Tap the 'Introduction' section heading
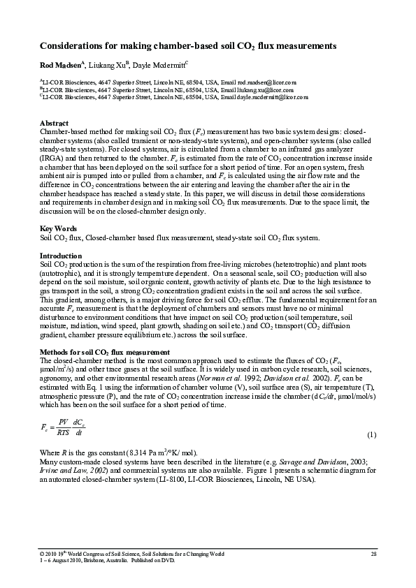click(x=61, y=256)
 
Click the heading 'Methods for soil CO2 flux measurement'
click(x=105, y=351)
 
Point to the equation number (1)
click(x=372, y=434)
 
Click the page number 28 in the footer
click(x=373, y=554)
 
